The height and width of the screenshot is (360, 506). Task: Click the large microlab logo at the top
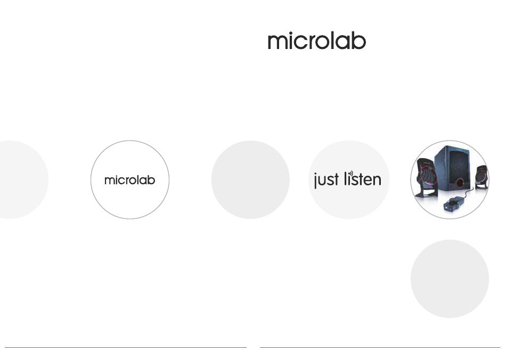click(x=316, y=40)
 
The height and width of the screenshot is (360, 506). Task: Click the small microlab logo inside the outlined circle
click(x=130, y=180)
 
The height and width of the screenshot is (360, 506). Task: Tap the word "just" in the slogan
click(x=327, y=180)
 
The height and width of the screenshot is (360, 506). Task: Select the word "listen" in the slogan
click(x=363, y=179)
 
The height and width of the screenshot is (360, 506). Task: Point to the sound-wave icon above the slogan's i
click(x=352, y=174)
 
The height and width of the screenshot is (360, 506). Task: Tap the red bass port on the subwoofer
click(x=460, y=183)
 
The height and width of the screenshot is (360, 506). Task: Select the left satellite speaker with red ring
click(x=427, y=177)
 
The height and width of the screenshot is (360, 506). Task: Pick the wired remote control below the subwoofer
click(x=454, y=204)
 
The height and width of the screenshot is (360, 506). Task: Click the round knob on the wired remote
click(x=453, y=202)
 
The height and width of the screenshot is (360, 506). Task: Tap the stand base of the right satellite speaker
click(x=481, y=186)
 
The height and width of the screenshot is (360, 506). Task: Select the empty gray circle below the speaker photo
click(x=450, y=279)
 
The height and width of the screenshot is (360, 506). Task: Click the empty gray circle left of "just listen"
click(x=250, y=179)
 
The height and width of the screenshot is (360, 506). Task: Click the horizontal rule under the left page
click(x=126, y=347)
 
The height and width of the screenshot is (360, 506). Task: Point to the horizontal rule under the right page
click(x=380, y=347)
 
